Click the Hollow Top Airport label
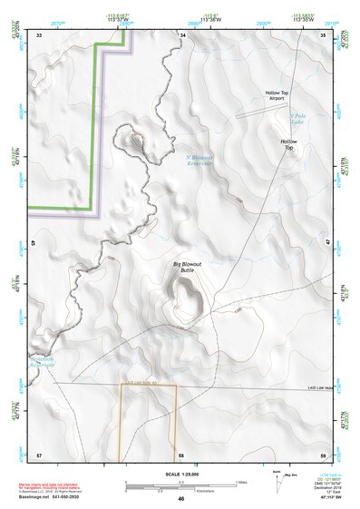(x=276, y=96)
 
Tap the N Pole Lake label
(x=297, y=119)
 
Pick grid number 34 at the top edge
(x=182, y=34)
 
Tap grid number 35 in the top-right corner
(x=324, y=34)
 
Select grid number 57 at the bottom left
(x=39, y=454)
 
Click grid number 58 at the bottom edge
(x=181, y=454)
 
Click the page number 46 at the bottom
(x=181, y=498)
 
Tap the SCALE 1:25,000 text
(x=181, y=474)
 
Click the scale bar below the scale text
(x=181, y=485)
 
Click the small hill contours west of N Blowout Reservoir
(x=136, y=141)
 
